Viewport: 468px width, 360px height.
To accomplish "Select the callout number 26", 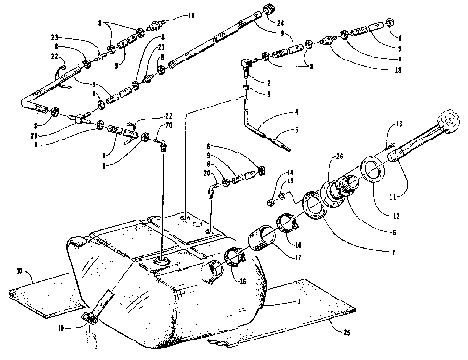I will (x=340, y=155).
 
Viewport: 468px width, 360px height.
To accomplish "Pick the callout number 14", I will (x=289, y=174).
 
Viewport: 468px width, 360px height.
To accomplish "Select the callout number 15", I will (x=289, y=182).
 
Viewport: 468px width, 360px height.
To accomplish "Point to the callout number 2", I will (x=268, y=84).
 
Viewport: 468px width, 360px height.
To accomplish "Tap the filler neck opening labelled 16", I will (x=234, y=260).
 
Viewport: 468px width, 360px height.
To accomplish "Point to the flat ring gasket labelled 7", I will (x=314, y=206).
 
